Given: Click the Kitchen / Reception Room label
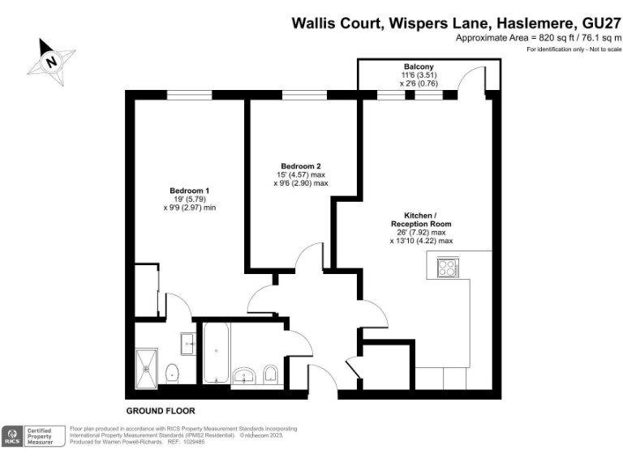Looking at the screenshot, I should point(421,219).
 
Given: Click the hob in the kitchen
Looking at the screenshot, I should point(448,268).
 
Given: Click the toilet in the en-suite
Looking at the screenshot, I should point(172,374).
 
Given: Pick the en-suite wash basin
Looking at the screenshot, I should point(188,344).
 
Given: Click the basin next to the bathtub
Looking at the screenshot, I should point(243,375).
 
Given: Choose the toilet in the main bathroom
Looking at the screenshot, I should point(270,374).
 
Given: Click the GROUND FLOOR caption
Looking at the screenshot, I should point(161,411).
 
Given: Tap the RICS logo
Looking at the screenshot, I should point(13,436).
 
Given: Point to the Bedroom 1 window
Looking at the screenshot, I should point(188,95).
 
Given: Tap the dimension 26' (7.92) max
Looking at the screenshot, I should point(421,232).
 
